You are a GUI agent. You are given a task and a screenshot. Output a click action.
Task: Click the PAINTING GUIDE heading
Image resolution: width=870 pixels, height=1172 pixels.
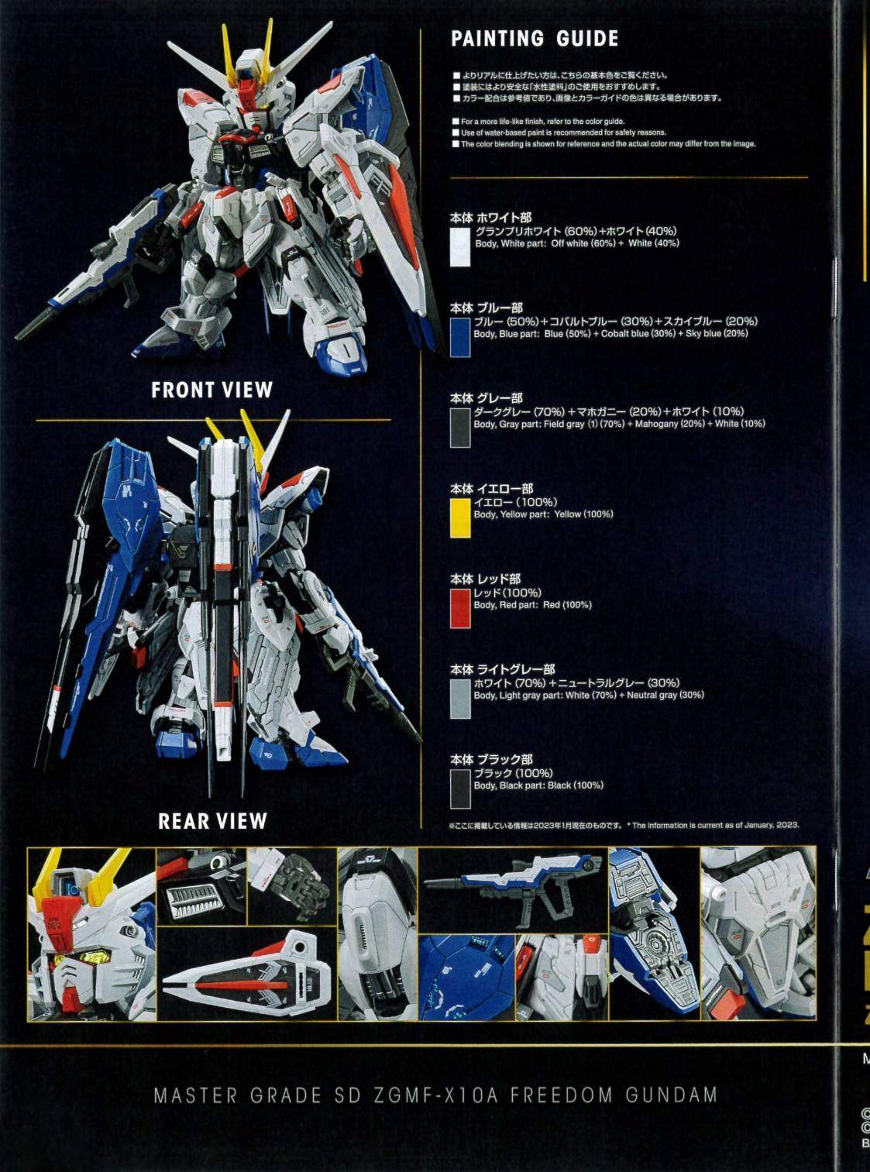(x=535, y=39)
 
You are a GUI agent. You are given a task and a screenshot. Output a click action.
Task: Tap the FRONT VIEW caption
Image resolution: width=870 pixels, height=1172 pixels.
(x=212, y=390)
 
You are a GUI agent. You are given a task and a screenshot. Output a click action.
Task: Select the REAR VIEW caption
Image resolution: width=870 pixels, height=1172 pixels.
(x=212, y=820)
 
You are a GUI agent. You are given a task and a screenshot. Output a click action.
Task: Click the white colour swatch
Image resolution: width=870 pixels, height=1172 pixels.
(x=460, y=247)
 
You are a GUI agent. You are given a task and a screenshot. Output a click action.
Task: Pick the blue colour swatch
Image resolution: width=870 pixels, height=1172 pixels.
(x=460, y=337)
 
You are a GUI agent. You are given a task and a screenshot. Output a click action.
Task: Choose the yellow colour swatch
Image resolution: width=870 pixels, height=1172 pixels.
(x=460, y=518)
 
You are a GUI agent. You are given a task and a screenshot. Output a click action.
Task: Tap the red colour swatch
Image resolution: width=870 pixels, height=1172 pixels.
(x=460, y=609)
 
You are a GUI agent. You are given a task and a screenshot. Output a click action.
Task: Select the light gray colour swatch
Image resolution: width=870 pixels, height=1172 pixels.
(x=460, y=699)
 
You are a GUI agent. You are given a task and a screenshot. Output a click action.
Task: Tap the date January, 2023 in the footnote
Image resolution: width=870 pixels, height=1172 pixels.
(x=772, y=825)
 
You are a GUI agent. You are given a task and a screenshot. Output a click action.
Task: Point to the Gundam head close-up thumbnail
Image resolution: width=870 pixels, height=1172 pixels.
(x=92, y=934)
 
